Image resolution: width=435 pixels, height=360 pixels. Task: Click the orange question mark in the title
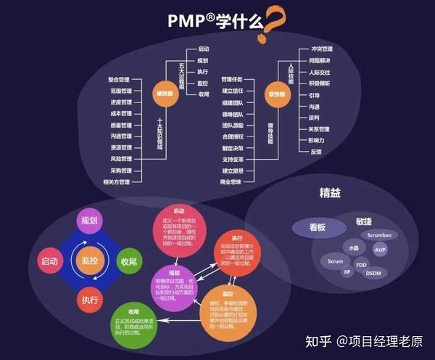274,21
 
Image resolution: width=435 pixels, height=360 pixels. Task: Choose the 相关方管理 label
116,181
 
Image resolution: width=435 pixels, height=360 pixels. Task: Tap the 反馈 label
316,152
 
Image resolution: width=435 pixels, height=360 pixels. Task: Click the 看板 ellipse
318,227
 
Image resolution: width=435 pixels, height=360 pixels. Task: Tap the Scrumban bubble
380,235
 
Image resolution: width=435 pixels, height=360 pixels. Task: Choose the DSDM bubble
373,272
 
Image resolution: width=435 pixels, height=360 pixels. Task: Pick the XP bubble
347,273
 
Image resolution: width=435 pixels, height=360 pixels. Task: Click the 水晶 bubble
353,247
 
